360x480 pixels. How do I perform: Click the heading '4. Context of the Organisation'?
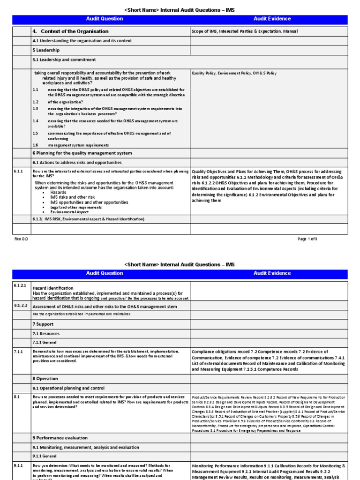click(70, 31)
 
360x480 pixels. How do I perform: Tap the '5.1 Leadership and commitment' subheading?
click(64, 60)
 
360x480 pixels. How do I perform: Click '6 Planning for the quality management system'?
click(82, 153)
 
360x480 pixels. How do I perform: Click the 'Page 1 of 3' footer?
click(307, 239)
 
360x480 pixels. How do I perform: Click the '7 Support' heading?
click(43, 324)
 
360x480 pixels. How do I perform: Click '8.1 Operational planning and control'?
click(68, 388)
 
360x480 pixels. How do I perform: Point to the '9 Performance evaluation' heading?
click(60, 438)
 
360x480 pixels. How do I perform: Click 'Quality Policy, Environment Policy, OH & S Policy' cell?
click(234, 74)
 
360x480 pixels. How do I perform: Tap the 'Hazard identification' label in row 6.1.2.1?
click(53, 288)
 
